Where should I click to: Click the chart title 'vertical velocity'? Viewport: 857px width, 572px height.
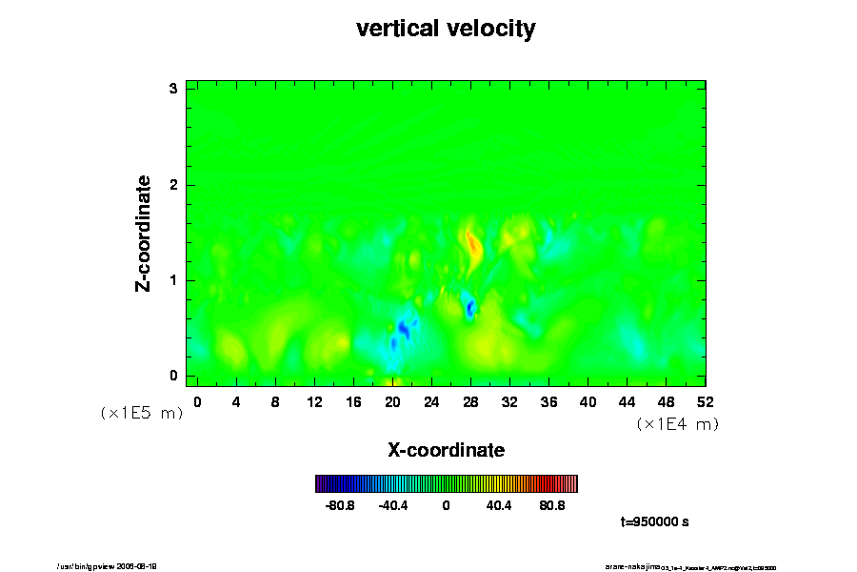(446, 29)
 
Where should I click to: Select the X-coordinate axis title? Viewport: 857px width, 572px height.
(446, 449)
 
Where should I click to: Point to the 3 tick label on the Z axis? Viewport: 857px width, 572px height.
(174, 89)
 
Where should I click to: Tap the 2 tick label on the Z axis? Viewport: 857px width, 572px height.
(174, 184)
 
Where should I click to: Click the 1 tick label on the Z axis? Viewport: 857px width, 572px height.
(174, 280)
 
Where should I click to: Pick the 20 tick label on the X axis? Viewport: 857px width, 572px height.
(392, 401)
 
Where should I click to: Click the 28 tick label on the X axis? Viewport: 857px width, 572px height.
(470, 401)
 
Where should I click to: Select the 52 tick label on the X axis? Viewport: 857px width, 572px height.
(706, 401)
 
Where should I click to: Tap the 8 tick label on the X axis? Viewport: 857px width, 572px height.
(275, 401)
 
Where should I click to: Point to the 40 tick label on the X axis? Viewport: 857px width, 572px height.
(588, 401)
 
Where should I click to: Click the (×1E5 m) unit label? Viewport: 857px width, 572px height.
(141, 413)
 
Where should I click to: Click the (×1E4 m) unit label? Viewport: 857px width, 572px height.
(677, 424)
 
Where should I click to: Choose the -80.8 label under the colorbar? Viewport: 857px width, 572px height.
(340, 505)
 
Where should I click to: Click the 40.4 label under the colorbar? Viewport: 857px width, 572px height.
(499, 505)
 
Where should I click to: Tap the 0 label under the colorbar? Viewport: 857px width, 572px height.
(446, 505)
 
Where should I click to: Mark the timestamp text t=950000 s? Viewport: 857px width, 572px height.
(654, 522)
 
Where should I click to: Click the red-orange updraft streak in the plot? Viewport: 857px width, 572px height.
(473, 249)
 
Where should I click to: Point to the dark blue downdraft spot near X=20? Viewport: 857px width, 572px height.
(404, 330)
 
